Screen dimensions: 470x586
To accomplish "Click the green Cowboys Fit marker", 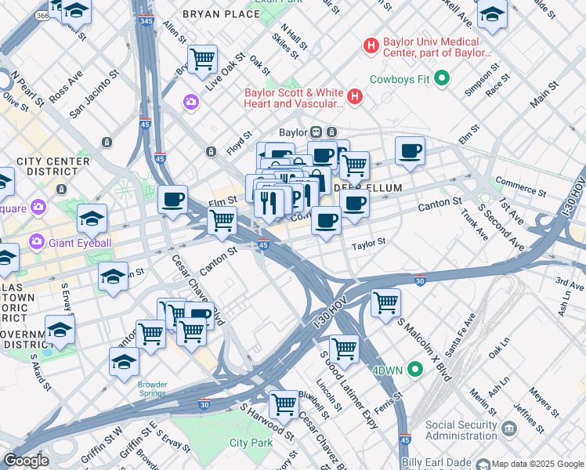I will click(442, 78).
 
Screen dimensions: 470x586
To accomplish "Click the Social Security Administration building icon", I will click(509, 428).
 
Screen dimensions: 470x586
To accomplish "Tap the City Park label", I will click(250, 443).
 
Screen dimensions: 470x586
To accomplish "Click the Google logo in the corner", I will click(26, 461).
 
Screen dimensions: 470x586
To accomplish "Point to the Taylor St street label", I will click(369, 244).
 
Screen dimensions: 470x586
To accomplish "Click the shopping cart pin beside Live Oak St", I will click(202, 59).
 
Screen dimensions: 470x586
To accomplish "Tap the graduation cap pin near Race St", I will click(492, 14).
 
